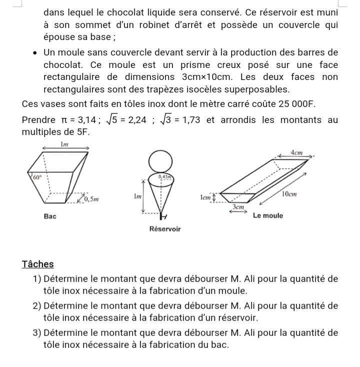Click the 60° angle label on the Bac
pyautogui.click(x=36, y=177)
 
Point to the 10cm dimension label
pyautogui.click(x=289, y=193)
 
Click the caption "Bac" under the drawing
pyautogui.click(x=49, y=216)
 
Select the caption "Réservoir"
pyautogui.click(x=164, y=228)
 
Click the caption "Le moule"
pyautogui.click(x=268, y=215)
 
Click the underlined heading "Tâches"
pyautogui.click(x=37, y=264)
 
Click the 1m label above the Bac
pyautogui.click(x=64, y=144)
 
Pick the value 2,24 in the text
pyautogui.click(x=134, y=120)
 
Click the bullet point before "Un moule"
pyautogui.click(x=33, y=53)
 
